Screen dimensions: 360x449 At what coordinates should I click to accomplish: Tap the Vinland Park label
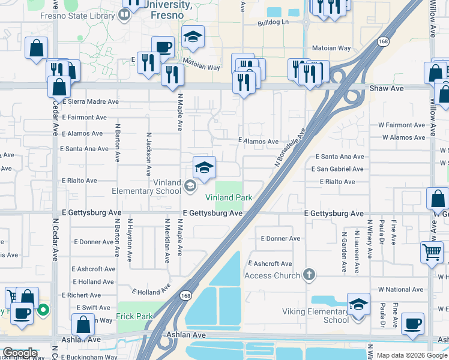click(228, 198)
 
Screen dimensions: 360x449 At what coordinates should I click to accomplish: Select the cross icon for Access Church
click(309, 275)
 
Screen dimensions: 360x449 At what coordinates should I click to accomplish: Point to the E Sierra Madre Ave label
click(89, 102)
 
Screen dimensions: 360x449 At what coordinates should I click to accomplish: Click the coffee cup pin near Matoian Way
click(163, 47)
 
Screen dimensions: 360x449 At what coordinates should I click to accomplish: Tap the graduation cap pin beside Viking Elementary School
click(358, 304)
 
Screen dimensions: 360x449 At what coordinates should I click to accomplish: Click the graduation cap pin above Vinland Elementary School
click(204, 167)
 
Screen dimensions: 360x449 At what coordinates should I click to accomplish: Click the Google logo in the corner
click(20, 353)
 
